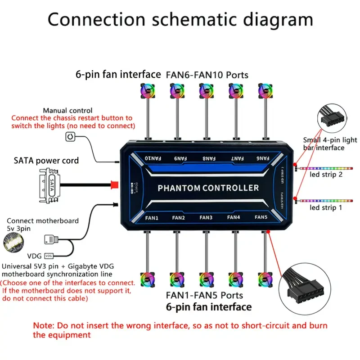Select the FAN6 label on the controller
click(x=261, y=158)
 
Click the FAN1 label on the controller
click(x=152, y=217)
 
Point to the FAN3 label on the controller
click(x=206, y=217)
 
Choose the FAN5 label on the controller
click(x=261, y=217)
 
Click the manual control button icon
click(x=71, y=136)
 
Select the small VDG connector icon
click(x=50, y=255)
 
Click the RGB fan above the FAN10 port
click(x=147, y=91)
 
